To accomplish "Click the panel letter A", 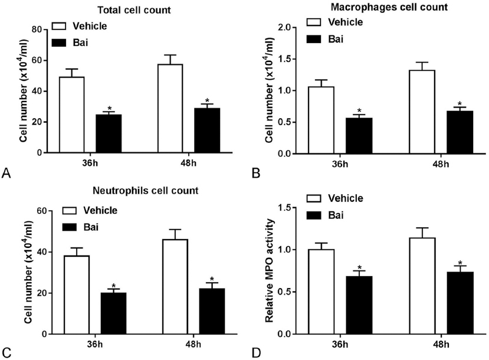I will (x=6, y=173).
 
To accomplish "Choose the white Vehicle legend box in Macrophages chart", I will (x=315, y=23).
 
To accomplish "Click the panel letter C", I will (x=6, y=354).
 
